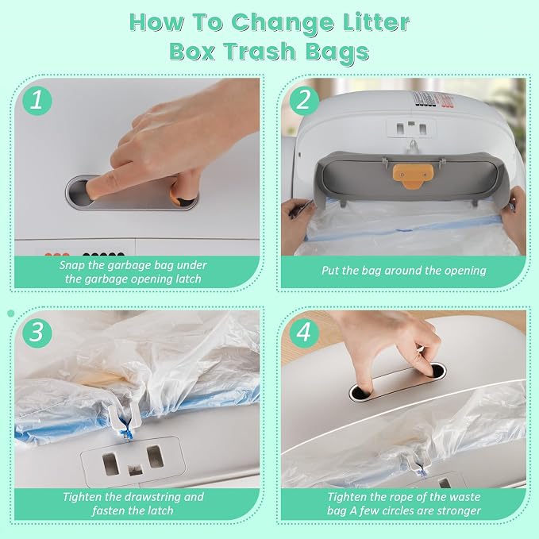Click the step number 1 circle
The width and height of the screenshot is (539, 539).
pos(37,100)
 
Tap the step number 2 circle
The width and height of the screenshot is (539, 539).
pos(304,100)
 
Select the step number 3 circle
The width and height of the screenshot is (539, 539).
pos(37,333)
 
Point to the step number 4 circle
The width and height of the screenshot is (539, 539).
pos(304,333)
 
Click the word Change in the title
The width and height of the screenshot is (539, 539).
pos(283,24)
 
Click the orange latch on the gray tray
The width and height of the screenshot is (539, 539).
pos(411,175)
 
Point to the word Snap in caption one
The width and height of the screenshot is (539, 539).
pos(71,266)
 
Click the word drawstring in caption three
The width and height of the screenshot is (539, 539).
pos(152,497)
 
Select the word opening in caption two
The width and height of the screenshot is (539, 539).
pos(465,271)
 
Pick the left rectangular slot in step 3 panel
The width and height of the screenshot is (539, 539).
pos(110,464)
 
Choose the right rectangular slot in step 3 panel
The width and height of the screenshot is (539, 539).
pos(155,457)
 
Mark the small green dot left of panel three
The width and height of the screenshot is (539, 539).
pos(11,313)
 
